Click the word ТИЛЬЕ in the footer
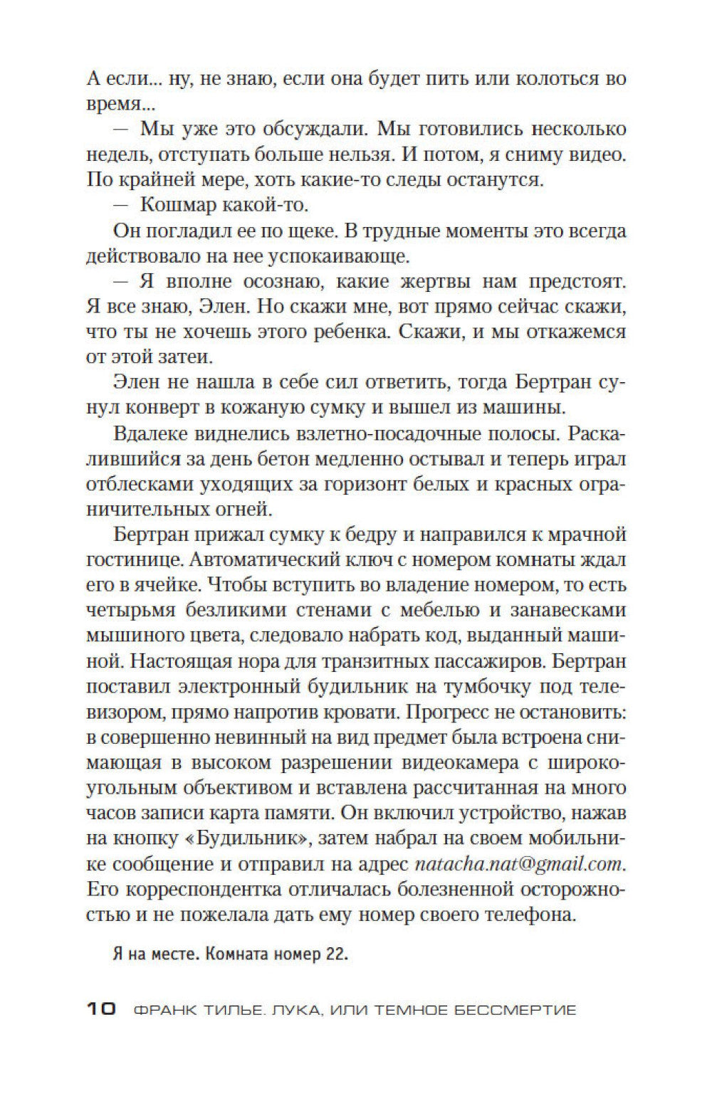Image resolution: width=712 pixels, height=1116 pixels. tap(217, 1009)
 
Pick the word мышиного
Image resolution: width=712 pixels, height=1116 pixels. tap(130, 636)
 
